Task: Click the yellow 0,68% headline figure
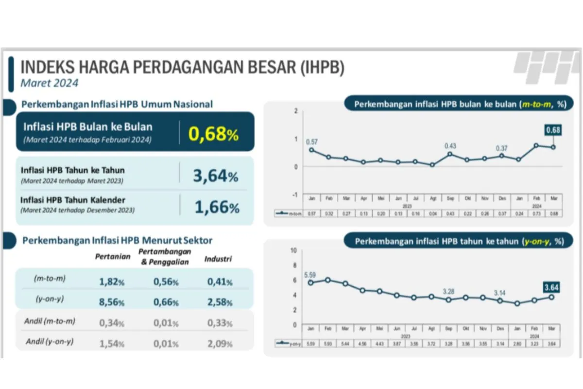pos(213,134)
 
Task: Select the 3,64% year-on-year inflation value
pos(215,176)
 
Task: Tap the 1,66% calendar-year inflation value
pos(217,208)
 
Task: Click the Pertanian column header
pos(113,256)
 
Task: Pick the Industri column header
pos(218,259)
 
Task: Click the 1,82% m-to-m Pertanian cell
pos(112,282)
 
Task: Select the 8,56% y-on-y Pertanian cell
pos(112,302)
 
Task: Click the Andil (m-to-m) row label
pos(50,321)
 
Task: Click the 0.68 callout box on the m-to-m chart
pos(553,130)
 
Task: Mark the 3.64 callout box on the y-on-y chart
pos(552,287)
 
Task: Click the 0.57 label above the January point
pos(311,141)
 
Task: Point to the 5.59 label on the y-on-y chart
pos(310,275)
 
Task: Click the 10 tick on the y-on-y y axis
pos(293,250)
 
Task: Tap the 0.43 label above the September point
pos(450,145)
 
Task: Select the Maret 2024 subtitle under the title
pos(49,83)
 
